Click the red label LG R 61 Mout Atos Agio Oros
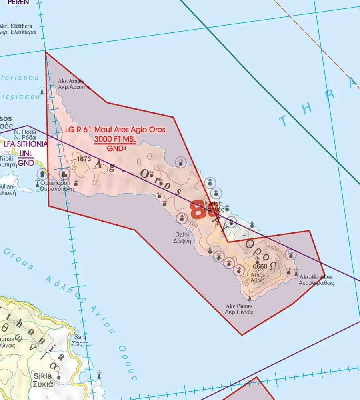click(115, 130)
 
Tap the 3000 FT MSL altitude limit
click(115, 139)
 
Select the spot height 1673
click(84, 159)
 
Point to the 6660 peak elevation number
click(260, 266)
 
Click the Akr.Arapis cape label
click(71, 81)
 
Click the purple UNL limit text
click(26, 154)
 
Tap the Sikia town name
click(43, 376)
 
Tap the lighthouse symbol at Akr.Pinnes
click(250, 296)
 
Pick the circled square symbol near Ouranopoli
click(64, 174)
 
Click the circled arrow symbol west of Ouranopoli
click(42, 174)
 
